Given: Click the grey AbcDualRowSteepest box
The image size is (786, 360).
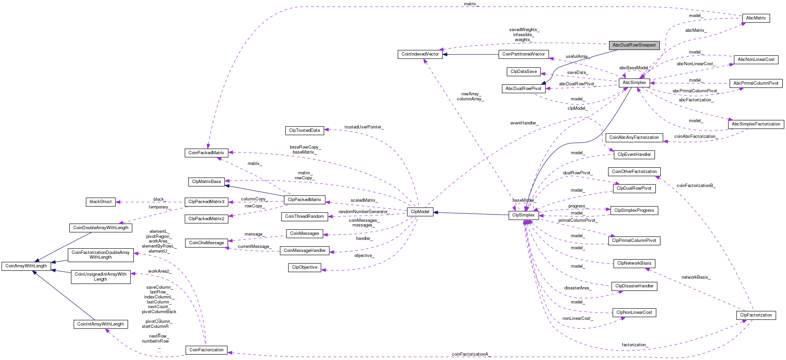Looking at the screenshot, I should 634,45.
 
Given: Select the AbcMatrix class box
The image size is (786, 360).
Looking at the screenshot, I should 756,18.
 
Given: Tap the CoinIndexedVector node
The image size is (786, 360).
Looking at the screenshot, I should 420,54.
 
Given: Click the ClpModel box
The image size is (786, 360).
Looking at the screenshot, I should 420,212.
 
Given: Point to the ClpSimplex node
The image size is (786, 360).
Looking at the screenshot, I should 523,215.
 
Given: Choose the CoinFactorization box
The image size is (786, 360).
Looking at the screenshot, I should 206,350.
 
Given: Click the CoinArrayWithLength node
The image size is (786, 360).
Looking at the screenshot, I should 26,266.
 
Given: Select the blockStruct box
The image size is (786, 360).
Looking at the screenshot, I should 100,202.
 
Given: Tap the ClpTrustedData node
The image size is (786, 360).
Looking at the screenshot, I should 304,130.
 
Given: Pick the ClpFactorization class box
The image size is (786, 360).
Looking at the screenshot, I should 756,315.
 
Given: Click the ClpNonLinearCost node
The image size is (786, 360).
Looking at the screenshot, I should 634,312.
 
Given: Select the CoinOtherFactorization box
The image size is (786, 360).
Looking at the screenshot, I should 634,172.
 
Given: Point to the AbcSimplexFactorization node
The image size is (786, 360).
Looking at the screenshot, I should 756,124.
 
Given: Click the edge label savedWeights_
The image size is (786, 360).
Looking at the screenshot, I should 524,30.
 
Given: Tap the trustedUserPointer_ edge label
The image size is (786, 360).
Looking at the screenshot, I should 364,127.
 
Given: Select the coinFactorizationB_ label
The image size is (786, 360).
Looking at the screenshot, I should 696,185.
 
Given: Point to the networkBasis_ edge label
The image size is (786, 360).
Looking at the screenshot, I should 696,277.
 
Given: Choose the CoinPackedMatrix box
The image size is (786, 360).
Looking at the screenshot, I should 206,153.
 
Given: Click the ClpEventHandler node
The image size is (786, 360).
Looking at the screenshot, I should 634,155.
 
